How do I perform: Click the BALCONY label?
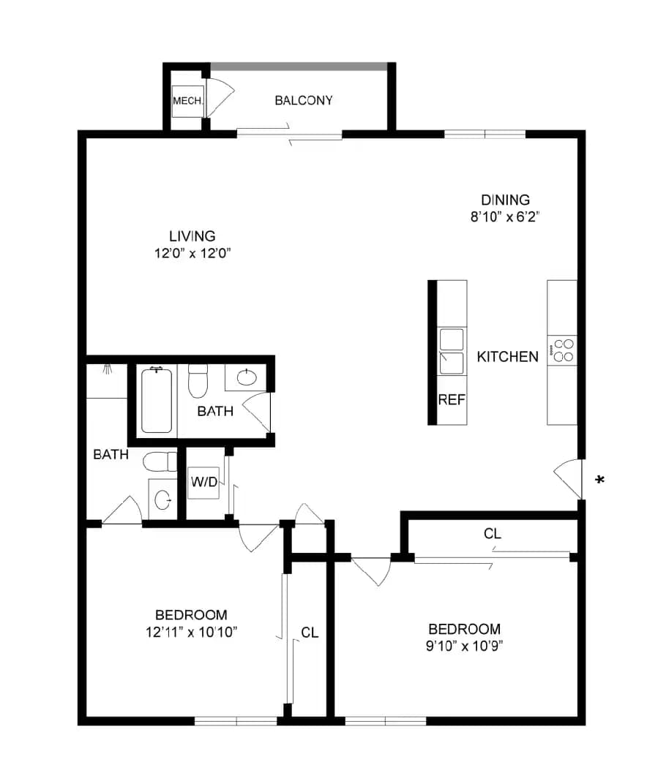pyautogui.click(x=304, y=101)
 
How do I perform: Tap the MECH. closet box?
pyautogui.click(x=187, y=101)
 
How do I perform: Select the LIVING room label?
pyautogui.click(x=192, y=236)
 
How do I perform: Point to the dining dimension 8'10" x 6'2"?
pyautogui.click(x=506, y=216)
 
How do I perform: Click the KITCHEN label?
pyautogui.click(x=507, y=357)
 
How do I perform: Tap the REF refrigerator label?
pyautogui.click(x=452, y=400)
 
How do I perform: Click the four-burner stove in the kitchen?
pyautogui.click(x=562, y=350)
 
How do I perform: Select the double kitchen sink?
pyautogui.click(x=452, y=351)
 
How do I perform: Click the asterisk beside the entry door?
pyautogui.click(x=600, y=480)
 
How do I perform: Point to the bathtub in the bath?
pyautogui.click(x=157, y=401)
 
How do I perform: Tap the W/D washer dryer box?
pyautogui.click(x=204, y=482)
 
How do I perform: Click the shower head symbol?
pyautogui.click(x=107, y=369)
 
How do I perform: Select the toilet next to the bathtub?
pyautogui.click(x=198, y=382)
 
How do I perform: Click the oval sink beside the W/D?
pyautogui.click(x=162, y=499)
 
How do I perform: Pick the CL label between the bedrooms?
pyautogui.click(x=310, y=633)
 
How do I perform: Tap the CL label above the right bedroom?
pyautogui.click(x=493, y=534)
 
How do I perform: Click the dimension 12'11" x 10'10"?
pyautogui.click(x=192, y=632)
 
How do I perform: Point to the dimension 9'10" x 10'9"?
pyautogui.click(x=464, y=646)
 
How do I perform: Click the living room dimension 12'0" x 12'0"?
pyautogui.click(x=192, y=253)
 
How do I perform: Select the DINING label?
pyautogui.click(x=506, y=200)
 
